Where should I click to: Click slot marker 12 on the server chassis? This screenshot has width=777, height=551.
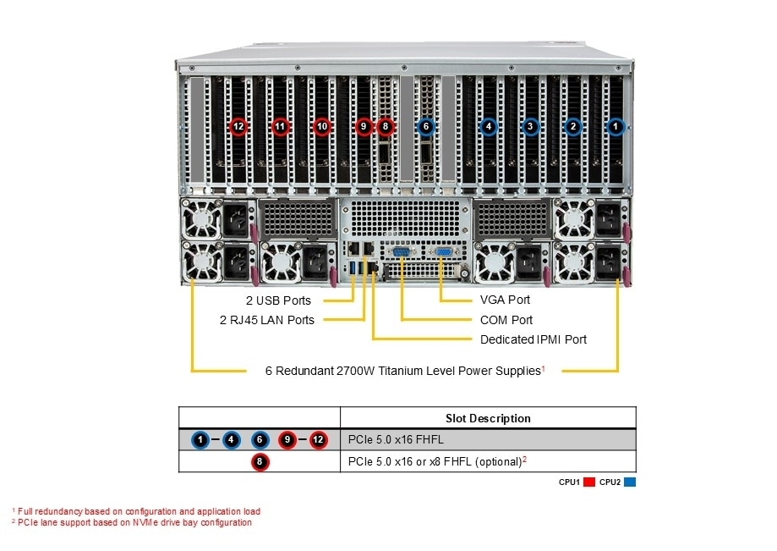point(238,127)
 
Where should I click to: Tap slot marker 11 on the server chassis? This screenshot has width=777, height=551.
point(281,127)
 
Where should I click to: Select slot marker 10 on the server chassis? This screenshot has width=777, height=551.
point(321,127)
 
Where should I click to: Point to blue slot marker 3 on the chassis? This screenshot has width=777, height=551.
point(530,127)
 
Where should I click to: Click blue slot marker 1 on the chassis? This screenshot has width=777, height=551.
point(616,127)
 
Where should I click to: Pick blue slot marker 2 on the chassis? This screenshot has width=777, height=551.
point(573,127)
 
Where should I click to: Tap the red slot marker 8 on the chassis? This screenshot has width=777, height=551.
point(386,127)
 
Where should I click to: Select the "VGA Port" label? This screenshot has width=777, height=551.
point(505,300)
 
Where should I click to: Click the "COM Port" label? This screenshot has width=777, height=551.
point(506,320)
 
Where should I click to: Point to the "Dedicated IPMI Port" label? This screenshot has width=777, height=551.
point(533,339)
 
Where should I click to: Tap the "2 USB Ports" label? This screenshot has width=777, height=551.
point(279,300)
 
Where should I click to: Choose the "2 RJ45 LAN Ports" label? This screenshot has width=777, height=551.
point(266,320)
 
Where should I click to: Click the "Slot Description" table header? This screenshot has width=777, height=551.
point(488,418)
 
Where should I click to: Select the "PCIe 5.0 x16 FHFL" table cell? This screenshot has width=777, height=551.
point(396,440)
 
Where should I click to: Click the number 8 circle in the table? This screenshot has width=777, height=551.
point(260,462)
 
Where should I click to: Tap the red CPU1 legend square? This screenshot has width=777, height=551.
point(589,482)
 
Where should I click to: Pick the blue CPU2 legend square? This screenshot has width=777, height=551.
point(630,482)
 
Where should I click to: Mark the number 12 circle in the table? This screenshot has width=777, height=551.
point(318,440)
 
